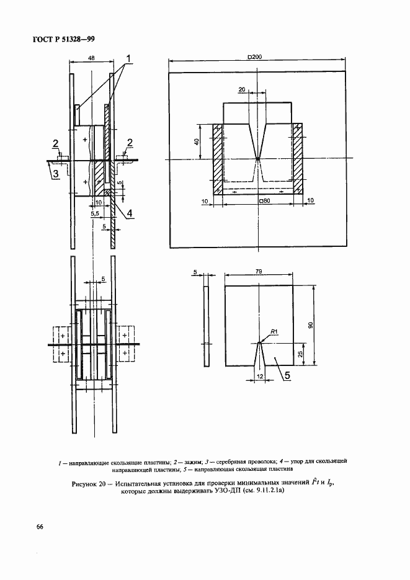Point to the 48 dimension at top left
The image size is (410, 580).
pos(92,57)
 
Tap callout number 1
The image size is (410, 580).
pos(130,60)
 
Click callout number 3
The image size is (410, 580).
pos(55,174)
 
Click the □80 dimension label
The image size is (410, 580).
pos(264,201)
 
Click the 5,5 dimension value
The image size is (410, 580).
pos(95,213)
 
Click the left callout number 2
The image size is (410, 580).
pos(56,143)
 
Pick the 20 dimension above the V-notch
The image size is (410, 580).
pos(241,89)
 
